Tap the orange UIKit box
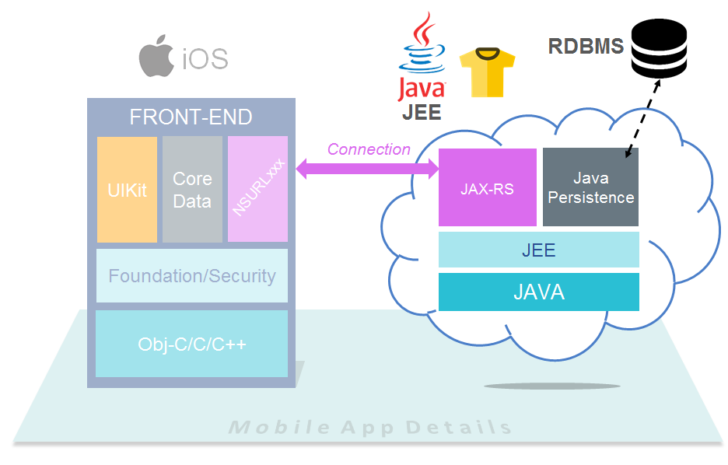coord(127,190)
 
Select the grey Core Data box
coord(192,190)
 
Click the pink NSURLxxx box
coord(257,189)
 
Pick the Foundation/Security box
coord(191,275)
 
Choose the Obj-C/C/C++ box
coord(191,344)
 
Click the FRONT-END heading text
coord(191,117)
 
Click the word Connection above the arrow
coord(369,149)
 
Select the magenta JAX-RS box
coord(487,187)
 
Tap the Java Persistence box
coord(590,187)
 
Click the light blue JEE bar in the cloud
coord(538,250)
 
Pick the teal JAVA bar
coord(538,292)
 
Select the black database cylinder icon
coord(659,49)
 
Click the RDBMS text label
coord(586,47)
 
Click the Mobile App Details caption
coord(370,428)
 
